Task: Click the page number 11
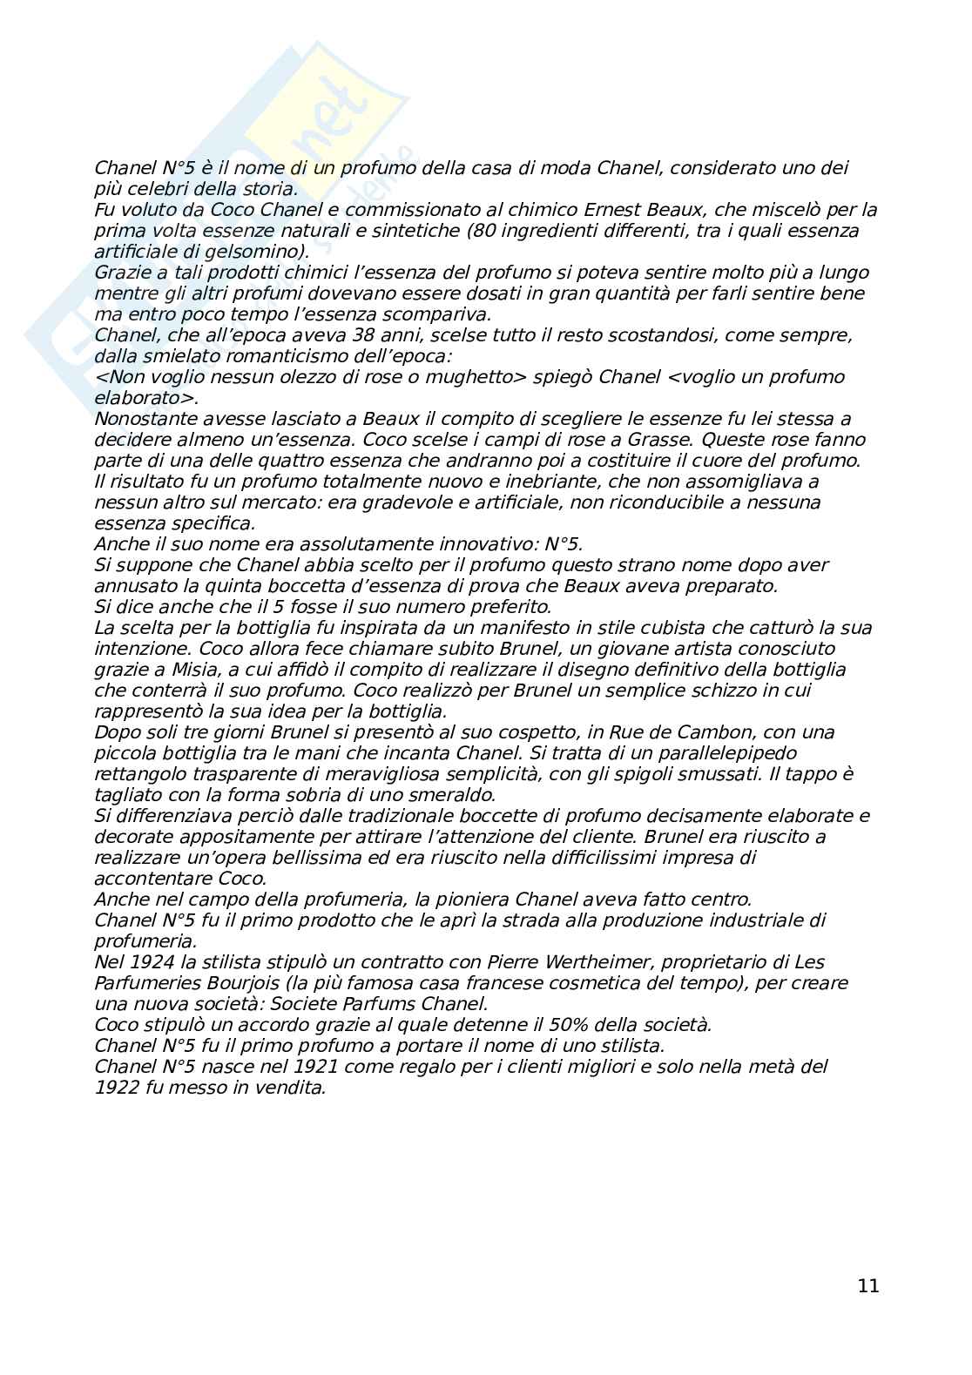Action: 867,1286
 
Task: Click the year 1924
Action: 142,962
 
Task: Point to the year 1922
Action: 116,1088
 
